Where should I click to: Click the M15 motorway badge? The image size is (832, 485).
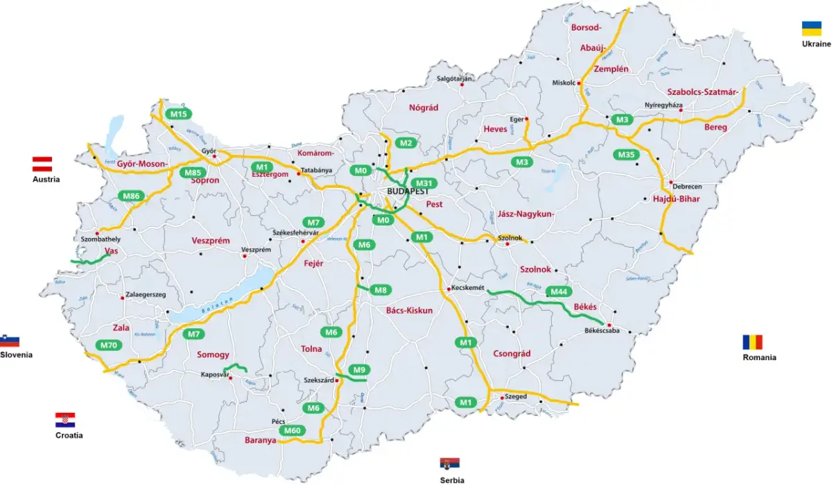pyautogui.click(x=178, y=114)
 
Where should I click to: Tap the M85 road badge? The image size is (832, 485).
pyautogui.click(x=193, y=172)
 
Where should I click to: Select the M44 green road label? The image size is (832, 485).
pyautogui.click(x=560, y=291)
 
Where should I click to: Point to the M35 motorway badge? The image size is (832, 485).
pyautogui.click(x=626, y=154)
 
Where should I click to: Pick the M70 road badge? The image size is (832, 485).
pyautogui.click(x=108, y=345)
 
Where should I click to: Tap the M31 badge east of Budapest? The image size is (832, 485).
pyautogui.click(x=424, y=183)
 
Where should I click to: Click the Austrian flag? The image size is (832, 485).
pyautogui.click(x=43, y=164)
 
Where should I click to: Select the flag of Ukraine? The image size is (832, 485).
pyautogui.click(x=812, y=28)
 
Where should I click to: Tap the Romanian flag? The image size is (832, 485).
pyautogui.click(x=752, y=342)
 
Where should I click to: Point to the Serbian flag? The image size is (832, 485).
pyautogui.click(x=450, y=464)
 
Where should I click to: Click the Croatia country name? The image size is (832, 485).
pyautogui.click(x=69, y=436)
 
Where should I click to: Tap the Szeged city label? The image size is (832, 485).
pyautogui.click(x=517, y=396)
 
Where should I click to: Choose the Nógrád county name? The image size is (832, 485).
pyautogui.click(x=424, y=107)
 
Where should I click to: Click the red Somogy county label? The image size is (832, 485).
pyautogui.click(x=213, y=355)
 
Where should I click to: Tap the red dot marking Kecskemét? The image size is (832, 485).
pyautogui.click(x=449, y=289)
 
